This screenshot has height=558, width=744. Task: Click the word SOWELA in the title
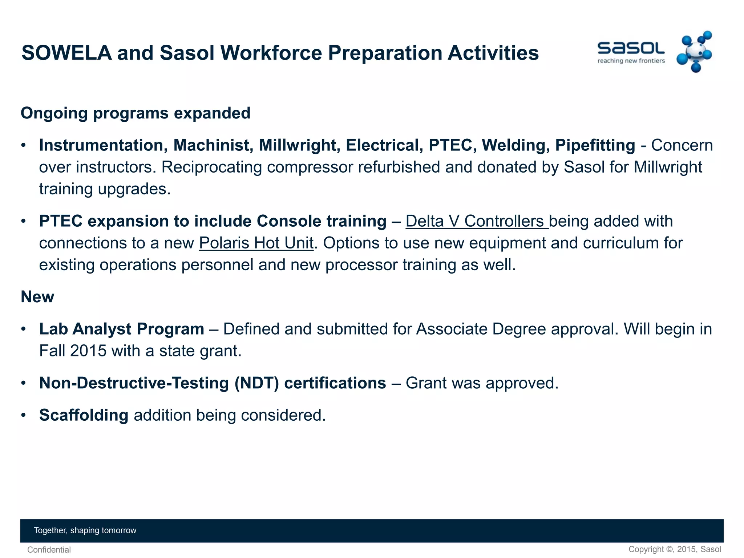coord(67,53)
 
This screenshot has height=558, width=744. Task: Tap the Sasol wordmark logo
coord(631,48)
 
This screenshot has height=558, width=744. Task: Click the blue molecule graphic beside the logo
coord(694,52)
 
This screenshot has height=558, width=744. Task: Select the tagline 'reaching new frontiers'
coord(631,61)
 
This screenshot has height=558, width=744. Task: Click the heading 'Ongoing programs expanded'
coord(136,113)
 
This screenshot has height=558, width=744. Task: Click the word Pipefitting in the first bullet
coord(595,145)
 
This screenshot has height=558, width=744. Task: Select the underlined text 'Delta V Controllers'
coord(474,221)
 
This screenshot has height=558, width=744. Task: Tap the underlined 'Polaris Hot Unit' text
coord(256,243)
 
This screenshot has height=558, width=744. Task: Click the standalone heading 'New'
coord(37,297)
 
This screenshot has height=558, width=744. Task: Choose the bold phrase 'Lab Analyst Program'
coord(122,329)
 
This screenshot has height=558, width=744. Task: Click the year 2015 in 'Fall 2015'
coord(88,351)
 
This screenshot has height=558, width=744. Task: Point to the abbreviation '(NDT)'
coord(256,383)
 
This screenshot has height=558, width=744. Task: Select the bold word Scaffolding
coord(84,415)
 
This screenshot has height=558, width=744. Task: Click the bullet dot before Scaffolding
coord(24,415)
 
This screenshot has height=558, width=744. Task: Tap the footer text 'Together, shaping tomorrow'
coord(85,530)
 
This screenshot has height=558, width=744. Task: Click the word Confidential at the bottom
coord(49,550)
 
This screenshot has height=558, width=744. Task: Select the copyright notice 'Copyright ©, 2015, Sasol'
coord(675,549)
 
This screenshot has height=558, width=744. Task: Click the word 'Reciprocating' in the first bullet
coord(210,167)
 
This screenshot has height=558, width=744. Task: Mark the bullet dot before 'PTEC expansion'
coord(24,221)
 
